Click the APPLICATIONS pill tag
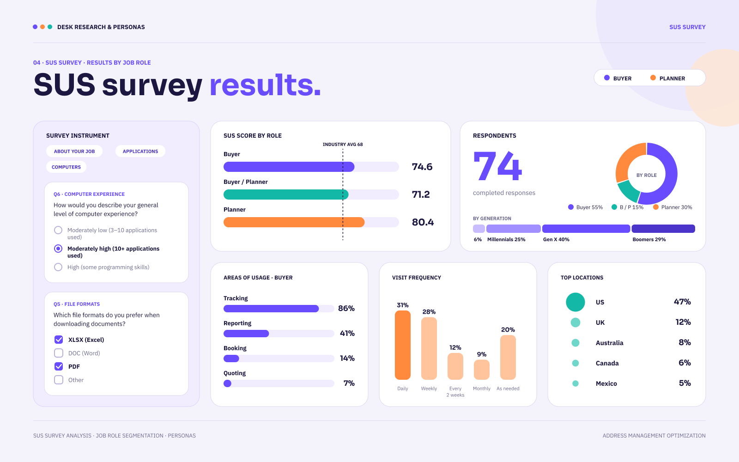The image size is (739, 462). [140, 151]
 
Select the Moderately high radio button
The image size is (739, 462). [58, 249]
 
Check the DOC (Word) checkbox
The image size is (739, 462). [59, 353]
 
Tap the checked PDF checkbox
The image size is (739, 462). [59, 366]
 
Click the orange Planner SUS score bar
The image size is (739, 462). [294, 222]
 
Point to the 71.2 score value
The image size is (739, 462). [421, 195]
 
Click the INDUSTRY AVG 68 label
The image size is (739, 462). [343, 145]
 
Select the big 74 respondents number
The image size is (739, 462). [497, 166]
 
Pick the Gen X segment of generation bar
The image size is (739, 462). [586, 229]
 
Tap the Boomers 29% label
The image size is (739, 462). [649, 240]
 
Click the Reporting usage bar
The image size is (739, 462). [246, 333]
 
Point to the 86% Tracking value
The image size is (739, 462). [346, 308]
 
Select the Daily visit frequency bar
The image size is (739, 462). [402, 345]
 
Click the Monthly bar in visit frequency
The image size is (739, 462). [482, 370]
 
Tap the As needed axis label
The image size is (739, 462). [508, 389]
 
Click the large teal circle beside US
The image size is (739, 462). [575, 302]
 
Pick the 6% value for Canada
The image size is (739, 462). [684, 363]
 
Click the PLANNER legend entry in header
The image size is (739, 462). [668, 78]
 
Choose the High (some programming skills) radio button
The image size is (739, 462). [58, 267]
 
